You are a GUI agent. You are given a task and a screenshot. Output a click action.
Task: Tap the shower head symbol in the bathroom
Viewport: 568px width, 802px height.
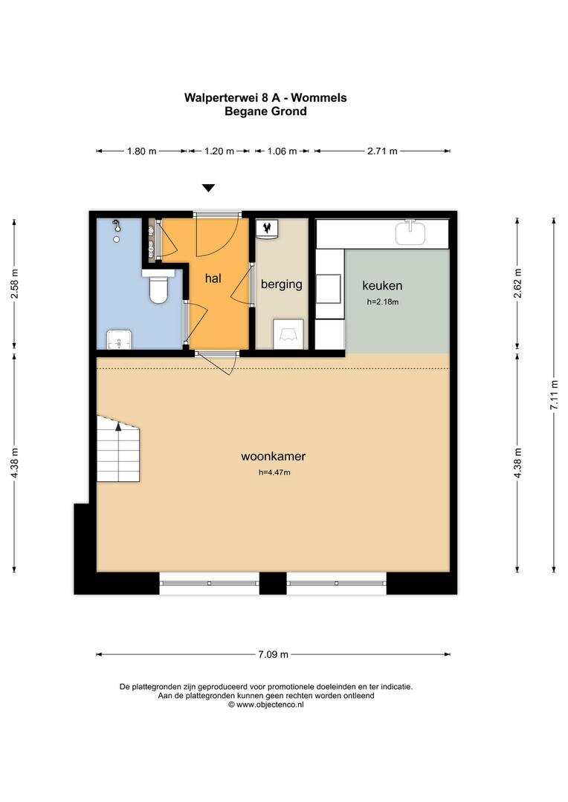[117, 224]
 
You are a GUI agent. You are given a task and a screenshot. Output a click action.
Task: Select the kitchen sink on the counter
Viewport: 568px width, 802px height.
[410, 232]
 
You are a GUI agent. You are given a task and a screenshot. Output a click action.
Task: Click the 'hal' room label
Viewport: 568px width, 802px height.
[213, 278]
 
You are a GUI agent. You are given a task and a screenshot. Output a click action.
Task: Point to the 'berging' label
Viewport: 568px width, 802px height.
[282, 284]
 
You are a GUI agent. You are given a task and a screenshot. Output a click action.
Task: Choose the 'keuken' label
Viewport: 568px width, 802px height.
[382, 285]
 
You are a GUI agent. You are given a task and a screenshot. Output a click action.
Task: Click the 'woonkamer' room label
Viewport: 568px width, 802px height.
[274, 456]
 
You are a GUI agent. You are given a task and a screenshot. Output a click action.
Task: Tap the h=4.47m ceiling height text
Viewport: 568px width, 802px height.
[274, 472]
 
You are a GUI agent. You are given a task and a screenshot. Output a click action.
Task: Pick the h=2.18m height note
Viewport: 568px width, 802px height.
[383, 301]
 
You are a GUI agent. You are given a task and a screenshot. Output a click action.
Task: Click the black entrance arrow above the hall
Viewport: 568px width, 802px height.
[208, 188]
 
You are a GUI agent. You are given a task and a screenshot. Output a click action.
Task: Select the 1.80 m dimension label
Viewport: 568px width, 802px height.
[142, 151]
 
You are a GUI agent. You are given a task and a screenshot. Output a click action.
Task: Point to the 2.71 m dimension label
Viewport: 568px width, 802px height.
[382, 151]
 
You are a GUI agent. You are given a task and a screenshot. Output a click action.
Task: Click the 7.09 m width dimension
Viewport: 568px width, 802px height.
[273, 654]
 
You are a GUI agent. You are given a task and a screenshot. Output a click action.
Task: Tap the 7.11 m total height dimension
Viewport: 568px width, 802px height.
[554, 395]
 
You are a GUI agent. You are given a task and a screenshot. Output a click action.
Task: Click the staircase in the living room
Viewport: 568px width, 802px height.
[118, 449]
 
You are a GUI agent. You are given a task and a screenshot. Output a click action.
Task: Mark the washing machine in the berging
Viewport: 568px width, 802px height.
[288, 334]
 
